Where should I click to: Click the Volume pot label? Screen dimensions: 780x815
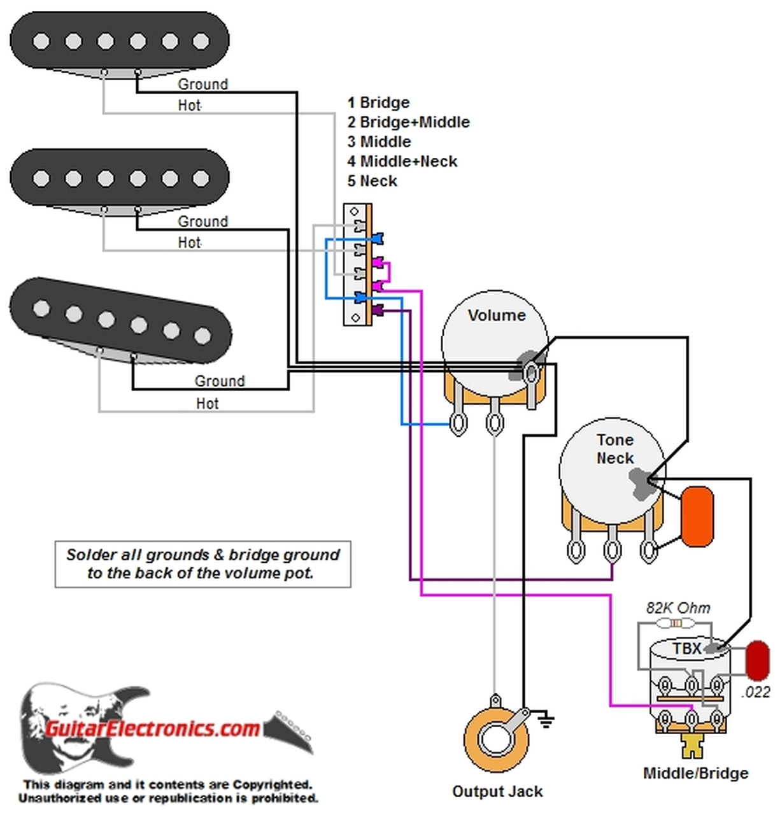(497, 315)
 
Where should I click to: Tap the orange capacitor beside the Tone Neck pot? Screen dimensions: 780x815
(697, 516)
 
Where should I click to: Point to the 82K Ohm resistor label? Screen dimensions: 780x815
(677, 607)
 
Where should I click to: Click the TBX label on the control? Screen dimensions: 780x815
(687, 648)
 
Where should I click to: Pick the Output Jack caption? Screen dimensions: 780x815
(497, 791)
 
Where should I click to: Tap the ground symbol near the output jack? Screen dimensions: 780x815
(546, 720)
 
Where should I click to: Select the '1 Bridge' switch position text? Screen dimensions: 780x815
(378, 102)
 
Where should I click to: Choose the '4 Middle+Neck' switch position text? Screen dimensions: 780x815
(402, 161)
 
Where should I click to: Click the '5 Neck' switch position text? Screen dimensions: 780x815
(372, 181)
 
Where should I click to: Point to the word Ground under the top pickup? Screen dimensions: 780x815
(202, 84)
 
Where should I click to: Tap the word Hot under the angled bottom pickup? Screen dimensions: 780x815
(208, 403)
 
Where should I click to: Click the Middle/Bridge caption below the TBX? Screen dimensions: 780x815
(696, 773)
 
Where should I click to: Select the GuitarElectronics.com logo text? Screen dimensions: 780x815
(152, 728)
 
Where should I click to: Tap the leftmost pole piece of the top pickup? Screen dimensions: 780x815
(41, 41)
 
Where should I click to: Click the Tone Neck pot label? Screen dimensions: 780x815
(614, 448)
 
